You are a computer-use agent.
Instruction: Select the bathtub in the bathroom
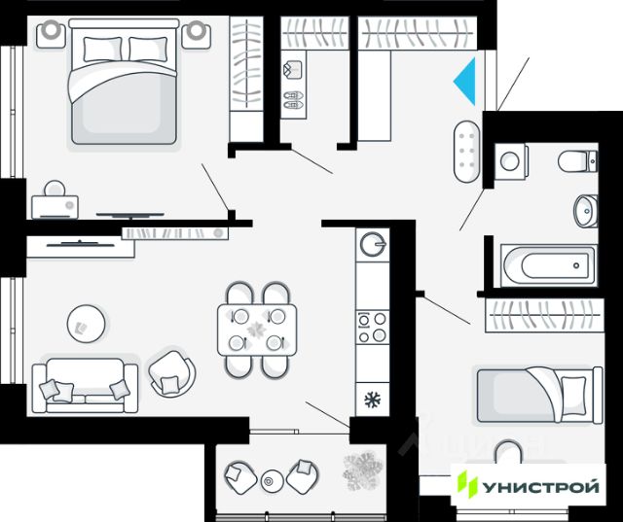pos(547,262)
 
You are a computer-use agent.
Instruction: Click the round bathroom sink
pos(586,207)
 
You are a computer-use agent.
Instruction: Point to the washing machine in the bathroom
pos(510,160)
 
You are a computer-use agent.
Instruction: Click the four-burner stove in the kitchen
pos(372,327)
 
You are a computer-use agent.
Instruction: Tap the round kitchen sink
pos(372,243)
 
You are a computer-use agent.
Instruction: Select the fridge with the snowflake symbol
pos(371,399)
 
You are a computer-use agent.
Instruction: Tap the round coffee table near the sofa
pos(86,322)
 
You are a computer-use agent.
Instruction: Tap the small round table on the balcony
pos(272,479)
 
